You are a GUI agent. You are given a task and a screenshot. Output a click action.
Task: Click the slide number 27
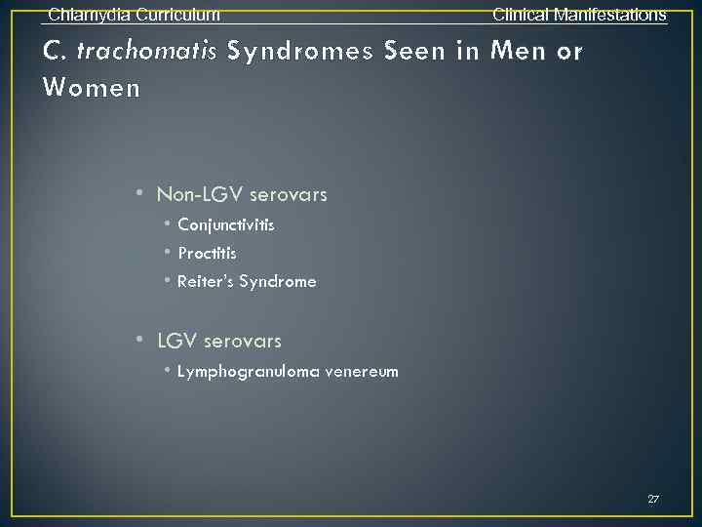click(x=653, y=499)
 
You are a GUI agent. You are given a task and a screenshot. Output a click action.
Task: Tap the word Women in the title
click(x=93, y=88)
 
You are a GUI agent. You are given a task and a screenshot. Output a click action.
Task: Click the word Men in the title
click(x=519, y=51)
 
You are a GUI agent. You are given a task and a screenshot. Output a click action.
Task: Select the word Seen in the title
click(x=415, y=51)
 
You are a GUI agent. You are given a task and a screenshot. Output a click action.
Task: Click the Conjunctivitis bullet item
click(x=226, y=225)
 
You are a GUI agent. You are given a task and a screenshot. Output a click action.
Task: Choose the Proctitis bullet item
click(x=207, y=254)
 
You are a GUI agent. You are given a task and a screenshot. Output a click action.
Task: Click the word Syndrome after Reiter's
click(x=278, y=282)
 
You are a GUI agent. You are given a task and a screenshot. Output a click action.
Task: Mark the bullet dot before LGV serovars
click(x=141, y=340)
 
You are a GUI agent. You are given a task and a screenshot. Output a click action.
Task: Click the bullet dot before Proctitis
click(x=168, y=253)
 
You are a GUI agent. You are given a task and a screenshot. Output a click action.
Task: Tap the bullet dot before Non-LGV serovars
click(x=141, y=193)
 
